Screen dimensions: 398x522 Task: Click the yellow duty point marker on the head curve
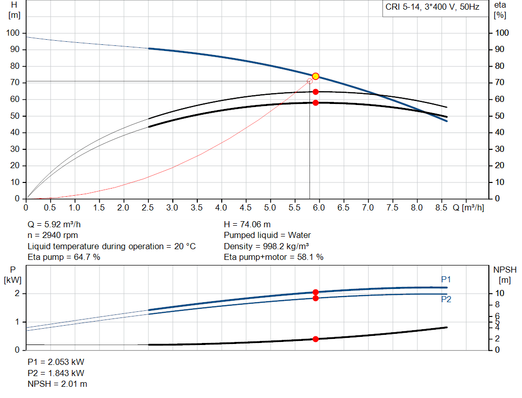coord(316,76)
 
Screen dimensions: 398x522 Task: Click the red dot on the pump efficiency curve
coord(316,92)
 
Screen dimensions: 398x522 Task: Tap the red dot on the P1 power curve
coord(316,292)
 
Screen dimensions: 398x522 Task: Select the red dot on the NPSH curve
coord(316,339)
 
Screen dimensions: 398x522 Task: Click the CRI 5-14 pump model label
coord(433,8)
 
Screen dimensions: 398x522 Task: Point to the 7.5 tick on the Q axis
coord(392,208)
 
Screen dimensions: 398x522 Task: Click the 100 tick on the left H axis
coord(13,33)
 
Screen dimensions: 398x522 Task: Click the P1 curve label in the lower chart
coord(446,279)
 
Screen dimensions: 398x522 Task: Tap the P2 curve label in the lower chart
coord(446,300)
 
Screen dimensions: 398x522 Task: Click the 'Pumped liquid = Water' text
coord(267,235)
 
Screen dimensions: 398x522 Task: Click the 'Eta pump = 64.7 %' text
coord(64,257)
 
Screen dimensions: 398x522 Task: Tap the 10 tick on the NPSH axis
coord(500,294)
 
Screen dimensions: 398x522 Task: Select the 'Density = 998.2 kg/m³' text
coord(266,246)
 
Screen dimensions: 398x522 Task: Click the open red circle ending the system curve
coord(309,81)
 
